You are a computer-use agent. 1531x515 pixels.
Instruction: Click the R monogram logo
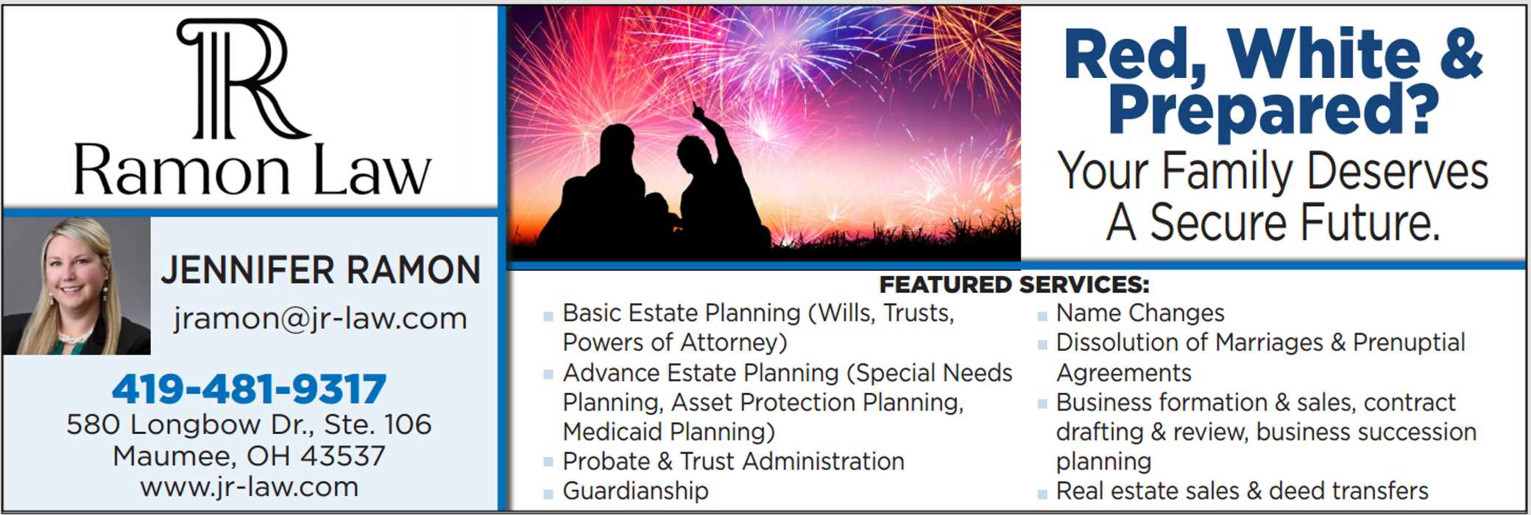[243, 78]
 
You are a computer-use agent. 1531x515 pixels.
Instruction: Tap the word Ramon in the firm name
[182, 171]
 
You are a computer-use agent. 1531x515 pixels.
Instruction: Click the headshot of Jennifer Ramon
[77, 285]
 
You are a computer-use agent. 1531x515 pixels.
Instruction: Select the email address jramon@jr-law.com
[320, 319]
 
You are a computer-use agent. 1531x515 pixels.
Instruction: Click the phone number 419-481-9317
[249, 389]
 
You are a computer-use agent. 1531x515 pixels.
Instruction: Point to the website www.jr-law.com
[250, 487]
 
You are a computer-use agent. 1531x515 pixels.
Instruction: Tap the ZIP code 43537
[342, 456]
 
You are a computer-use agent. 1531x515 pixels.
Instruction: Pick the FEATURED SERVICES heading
[1014, 284]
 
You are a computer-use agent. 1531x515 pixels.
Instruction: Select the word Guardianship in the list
[635, 491]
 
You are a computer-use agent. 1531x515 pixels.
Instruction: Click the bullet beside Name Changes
[1042, 316]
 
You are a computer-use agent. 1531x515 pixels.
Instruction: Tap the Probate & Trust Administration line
[733, 461]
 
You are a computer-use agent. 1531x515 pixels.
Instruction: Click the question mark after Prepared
[1421, 107]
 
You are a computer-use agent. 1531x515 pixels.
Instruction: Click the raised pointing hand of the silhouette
[697, 110]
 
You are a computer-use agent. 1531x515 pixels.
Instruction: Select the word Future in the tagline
[1370, 222]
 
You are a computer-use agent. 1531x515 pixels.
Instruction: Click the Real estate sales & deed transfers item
[1242, 491]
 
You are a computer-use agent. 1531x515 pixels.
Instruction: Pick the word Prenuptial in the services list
[1409, 343]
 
